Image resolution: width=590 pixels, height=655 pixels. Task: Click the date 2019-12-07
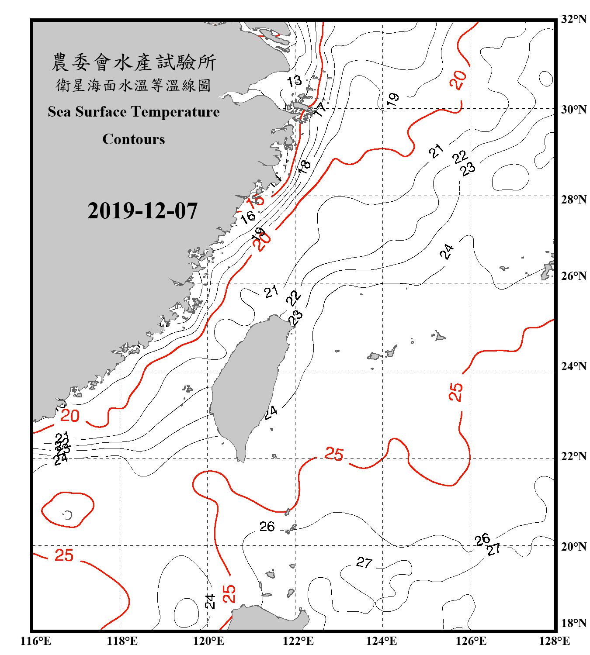coord(142,211)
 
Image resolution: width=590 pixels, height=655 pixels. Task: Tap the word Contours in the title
coord(134,139)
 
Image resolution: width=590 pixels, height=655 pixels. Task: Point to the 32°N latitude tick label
coord(573,19)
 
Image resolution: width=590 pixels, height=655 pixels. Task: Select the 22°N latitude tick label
coord(573,456)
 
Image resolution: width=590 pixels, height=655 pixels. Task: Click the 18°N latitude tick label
coord(573,623)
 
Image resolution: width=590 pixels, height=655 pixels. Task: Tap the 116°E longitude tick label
coord(36,641)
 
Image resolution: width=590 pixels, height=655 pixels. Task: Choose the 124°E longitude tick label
coord(382,641)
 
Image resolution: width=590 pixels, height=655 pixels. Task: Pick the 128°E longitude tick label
coord(554,641)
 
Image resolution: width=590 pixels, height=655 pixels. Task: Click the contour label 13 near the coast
coord(294,81)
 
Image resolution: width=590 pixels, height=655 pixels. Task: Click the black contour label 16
coord(248,216)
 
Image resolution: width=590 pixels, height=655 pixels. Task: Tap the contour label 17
coord(320,109)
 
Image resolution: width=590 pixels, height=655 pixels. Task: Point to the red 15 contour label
coord(256,200)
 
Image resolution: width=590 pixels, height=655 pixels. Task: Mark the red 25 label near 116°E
coord(64,555)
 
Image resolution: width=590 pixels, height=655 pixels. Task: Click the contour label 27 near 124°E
coord(364,562)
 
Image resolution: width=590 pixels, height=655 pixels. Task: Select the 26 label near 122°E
coord(267,527)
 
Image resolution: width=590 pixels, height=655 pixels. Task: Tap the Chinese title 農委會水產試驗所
coord(134,62)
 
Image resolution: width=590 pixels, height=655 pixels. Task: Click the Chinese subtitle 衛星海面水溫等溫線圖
coord(134,85)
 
